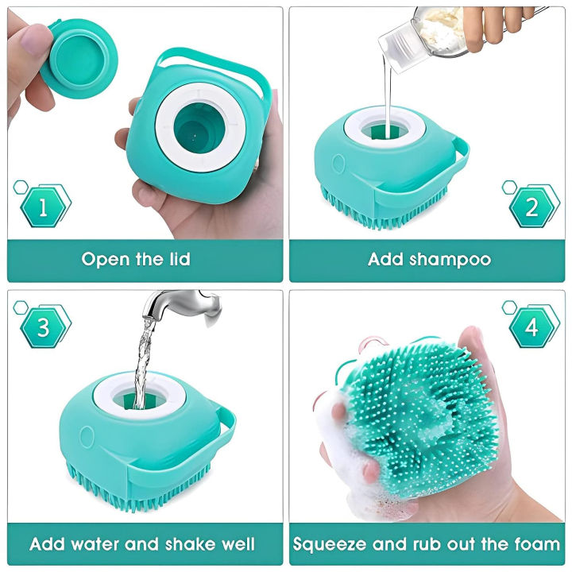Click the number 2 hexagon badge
pos(531,207)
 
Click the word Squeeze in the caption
pos(330,546)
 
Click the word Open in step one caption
pos(105,259)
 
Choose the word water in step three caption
pos(95,545)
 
